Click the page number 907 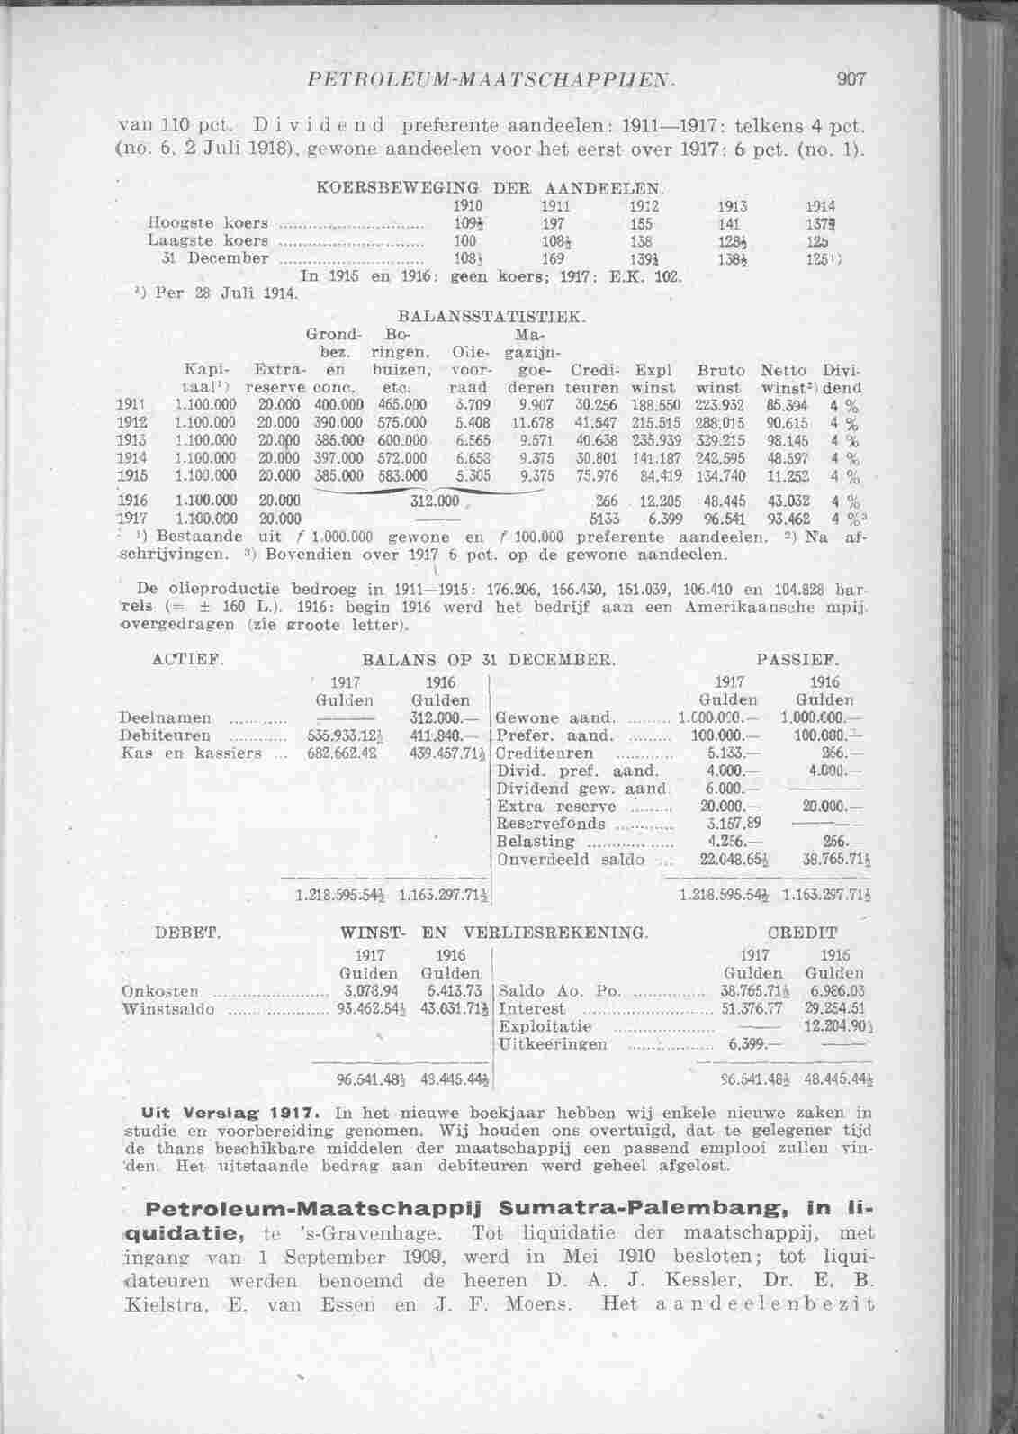click(850, 79)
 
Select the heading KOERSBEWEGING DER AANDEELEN click(491, 189)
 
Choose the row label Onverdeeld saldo click(571, 859)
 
